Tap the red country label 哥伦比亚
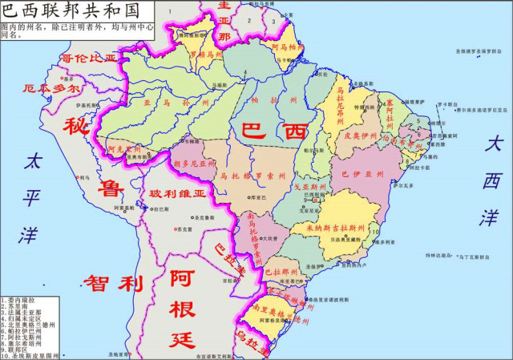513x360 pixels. coord(89,59)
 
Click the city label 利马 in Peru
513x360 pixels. coord(84,177)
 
